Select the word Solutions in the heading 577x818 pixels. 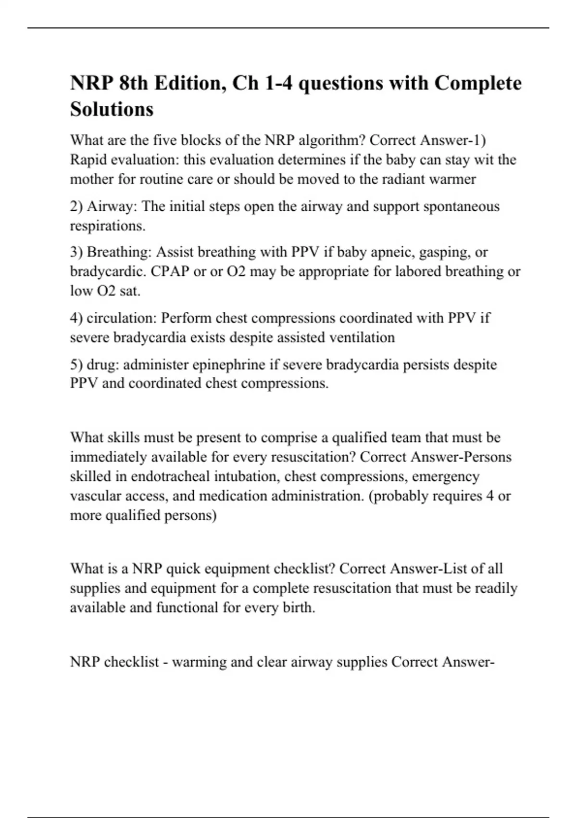(112, 109)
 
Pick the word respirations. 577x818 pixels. (108, 226)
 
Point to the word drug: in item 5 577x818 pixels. (103, 365)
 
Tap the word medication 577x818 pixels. (234, 496)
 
